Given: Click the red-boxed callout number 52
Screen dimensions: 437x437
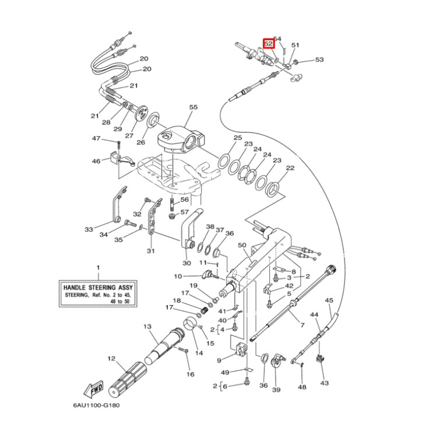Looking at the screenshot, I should (269, 43).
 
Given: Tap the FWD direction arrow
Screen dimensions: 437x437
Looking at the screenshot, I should (94, 389).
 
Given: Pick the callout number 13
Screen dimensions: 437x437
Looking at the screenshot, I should (147, 326).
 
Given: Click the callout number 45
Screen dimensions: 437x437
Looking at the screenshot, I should (218, 360).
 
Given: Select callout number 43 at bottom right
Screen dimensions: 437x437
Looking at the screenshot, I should (325, 383).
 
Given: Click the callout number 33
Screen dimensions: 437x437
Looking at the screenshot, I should (89, 229).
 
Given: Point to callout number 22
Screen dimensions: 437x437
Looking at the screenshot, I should (290, 168).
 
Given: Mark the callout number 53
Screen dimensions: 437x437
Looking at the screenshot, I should (319, 60).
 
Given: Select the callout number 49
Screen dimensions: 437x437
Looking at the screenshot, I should (224, 372).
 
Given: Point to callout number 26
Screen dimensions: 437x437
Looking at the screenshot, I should (140, 142).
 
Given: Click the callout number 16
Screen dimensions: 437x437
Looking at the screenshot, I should (190, 373).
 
